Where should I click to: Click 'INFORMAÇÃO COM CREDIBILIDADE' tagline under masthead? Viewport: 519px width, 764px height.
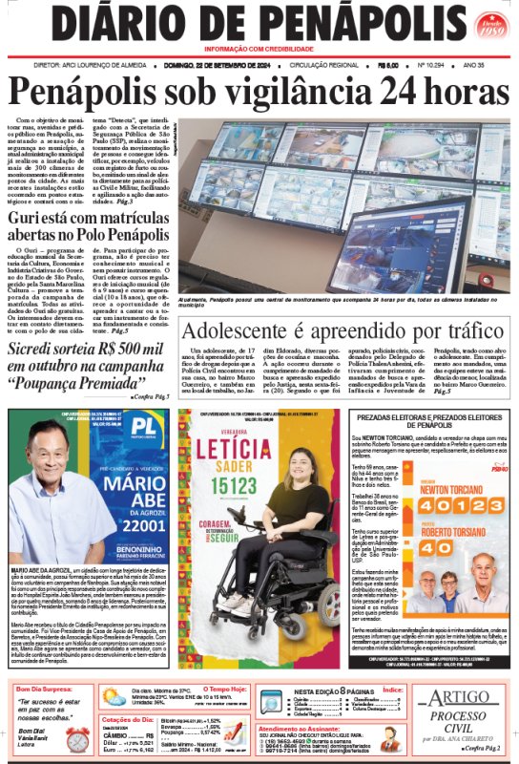point(259,48)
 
